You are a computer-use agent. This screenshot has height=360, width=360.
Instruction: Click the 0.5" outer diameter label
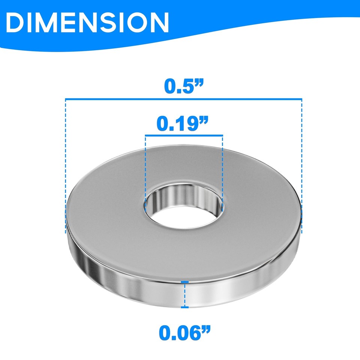click(184, 86)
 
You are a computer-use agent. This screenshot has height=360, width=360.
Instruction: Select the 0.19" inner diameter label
click(183, 123)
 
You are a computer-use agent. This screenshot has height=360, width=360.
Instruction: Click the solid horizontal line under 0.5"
click(184, 99)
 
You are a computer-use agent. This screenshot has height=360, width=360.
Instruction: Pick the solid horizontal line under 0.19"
click(184, 135)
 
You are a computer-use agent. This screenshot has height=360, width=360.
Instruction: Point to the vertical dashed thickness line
click(184, 294)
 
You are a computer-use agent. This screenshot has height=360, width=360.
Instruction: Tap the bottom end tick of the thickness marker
click(184, 307)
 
